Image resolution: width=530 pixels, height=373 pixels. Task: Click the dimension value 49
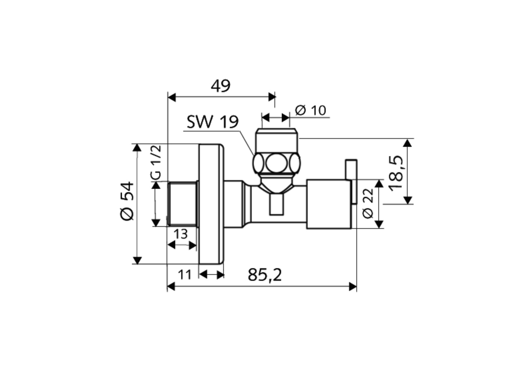coord(220,85)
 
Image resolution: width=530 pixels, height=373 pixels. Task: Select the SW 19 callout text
coord(212,122)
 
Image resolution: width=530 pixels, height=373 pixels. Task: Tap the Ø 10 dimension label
coord(311,110)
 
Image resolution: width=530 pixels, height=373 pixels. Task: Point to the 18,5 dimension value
coord(396,173)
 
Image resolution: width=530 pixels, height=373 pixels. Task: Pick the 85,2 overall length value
coord(265,275)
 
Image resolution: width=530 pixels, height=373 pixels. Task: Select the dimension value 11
coord(185,274)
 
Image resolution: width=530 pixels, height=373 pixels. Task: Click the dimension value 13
coord(180,234)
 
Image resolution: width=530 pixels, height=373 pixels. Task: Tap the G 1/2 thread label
coord(156,162)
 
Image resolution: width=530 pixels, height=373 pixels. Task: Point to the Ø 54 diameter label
coord(127,201)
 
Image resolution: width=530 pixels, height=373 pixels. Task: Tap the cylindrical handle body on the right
coord(328,204)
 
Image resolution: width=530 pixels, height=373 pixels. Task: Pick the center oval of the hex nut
coord(276,163)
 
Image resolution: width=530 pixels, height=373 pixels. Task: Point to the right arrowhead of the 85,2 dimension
coord(353,286)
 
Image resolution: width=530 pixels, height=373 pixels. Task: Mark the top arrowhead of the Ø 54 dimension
coord(137,148)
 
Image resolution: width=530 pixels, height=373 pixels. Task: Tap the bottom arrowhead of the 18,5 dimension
coord(408,200)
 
